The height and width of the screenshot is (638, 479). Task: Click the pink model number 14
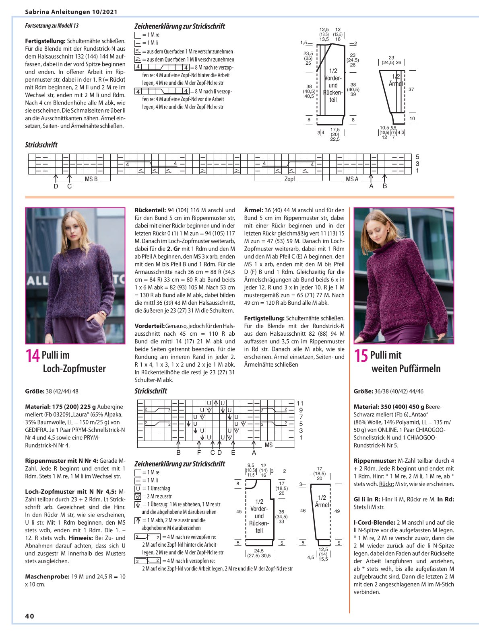point(32,356)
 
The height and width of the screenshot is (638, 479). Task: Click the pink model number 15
point(361,356)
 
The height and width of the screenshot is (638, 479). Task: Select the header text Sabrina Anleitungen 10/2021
point(71,12)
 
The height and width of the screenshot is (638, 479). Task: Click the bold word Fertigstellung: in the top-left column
point(45,41)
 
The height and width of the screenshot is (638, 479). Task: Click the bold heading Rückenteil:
point(150,210)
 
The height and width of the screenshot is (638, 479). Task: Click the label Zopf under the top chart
point(289,179)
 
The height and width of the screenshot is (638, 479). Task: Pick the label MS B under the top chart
point(91,179)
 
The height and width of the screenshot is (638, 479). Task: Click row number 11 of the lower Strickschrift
point(300,403)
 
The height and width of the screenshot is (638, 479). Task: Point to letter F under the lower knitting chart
point(199,453)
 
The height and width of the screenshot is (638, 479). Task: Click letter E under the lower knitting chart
point(233,453)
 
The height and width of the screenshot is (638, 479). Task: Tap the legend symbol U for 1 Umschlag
point(138,488)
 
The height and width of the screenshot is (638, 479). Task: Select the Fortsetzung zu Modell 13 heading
point(52,26)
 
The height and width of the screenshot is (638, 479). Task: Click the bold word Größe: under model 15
point(363,391)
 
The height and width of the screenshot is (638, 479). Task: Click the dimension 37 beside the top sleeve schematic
point(411,89)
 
